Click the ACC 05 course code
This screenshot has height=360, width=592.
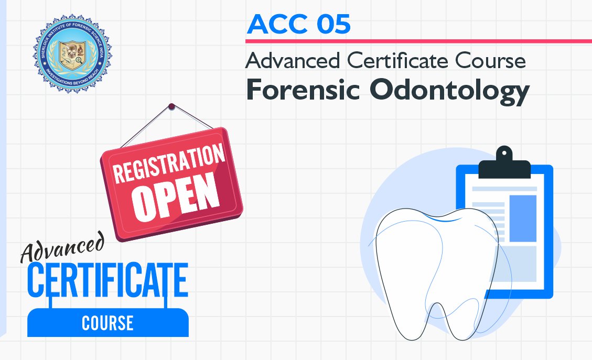coord(298,25)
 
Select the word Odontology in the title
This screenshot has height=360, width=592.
coord(448,91)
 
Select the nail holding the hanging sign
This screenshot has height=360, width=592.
coord(171,107)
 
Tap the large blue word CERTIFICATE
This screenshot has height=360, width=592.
coord(107,280)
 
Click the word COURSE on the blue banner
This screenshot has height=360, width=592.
coord(107,323)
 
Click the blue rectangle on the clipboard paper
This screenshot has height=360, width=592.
coord(522,218)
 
